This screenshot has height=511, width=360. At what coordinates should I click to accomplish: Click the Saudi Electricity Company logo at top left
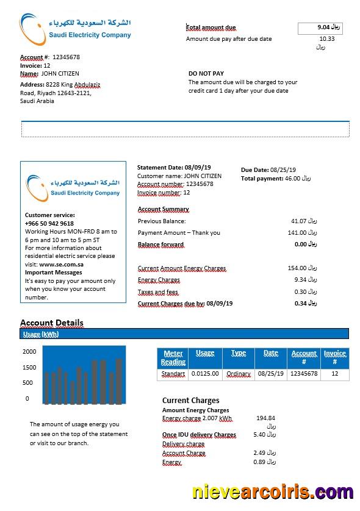pos(76,28)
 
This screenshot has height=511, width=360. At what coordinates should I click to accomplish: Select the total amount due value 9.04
pos(323,27)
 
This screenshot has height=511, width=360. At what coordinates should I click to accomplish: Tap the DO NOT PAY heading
pos(206,73)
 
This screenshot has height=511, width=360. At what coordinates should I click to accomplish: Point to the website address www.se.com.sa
pos(61,265)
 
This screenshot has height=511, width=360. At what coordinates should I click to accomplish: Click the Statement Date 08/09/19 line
pos(174,167)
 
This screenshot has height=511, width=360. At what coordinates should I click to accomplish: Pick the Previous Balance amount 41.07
pos(298,221)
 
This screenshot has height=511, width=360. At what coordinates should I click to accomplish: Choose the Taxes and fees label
pos(158,292)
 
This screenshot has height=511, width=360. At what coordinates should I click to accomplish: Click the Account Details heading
pos(52,323)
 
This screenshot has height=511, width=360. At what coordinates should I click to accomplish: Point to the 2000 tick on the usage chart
pos(29,352)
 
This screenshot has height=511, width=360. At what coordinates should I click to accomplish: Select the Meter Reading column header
pos(173,357)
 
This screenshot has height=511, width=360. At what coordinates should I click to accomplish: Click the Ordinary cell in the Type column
pos(239,374)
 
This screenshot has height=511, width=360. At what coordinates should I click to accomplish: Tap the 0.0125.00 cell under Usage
pos(205,374)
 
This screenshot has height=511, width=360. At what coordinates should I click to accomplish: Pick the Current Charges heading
pos(190,401)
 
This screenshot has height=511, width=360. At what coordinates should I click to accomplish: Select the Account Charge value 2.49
pos(260,453)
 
